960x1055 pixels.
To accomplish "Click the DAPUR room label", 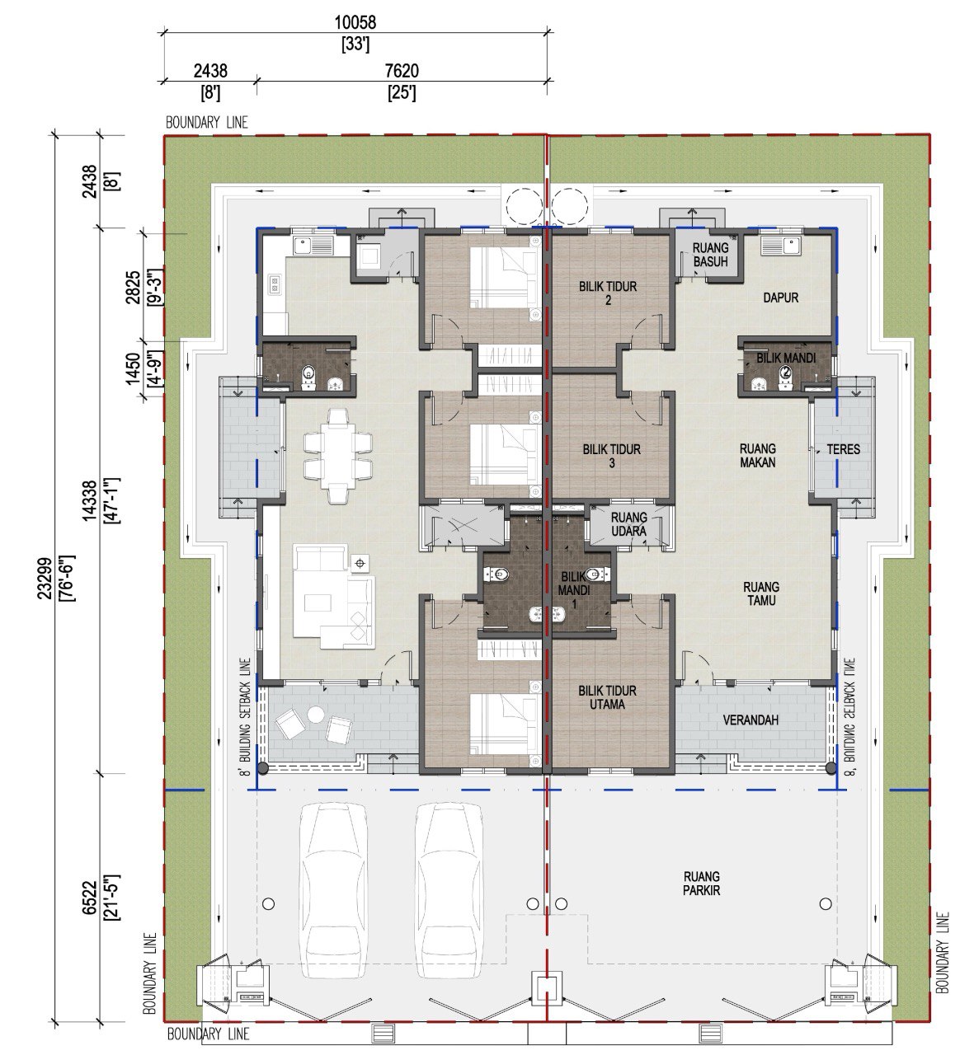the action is pos(780,298).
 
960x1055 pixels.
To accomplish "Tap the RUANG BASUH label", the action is pos(710,255).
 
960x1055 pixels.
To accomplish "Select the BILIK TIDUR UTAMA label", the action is pos(607,697).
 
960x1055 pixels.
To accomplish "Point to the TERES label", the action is pos(843,449).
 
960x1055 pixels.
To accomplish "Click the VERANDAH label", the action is pos(751,720).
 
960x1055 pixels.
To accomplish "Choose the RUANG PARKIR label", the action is pos(702,884).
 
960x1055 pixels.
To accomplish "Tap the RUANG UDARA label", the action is pos(629,524).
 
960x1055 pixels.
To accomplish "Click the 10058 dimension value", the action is pos(355,22).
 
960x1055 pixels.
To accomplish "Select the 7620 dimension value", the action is pos(402,71).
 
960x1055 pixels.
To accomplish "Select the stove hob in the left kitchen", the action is pos(274,284).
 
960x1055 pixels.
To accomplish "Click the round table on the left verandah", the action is pos(316,715).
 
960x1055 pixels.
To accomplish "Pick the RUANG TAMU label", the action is pos(761,593).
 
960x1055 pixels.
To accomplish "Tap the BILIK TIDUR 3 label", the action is pos(612,456).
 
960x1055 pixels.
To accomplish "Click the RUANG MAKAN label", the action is pos(758,456).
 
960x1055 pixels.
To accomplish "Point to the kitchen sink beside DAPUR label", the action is pos(779,245).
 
